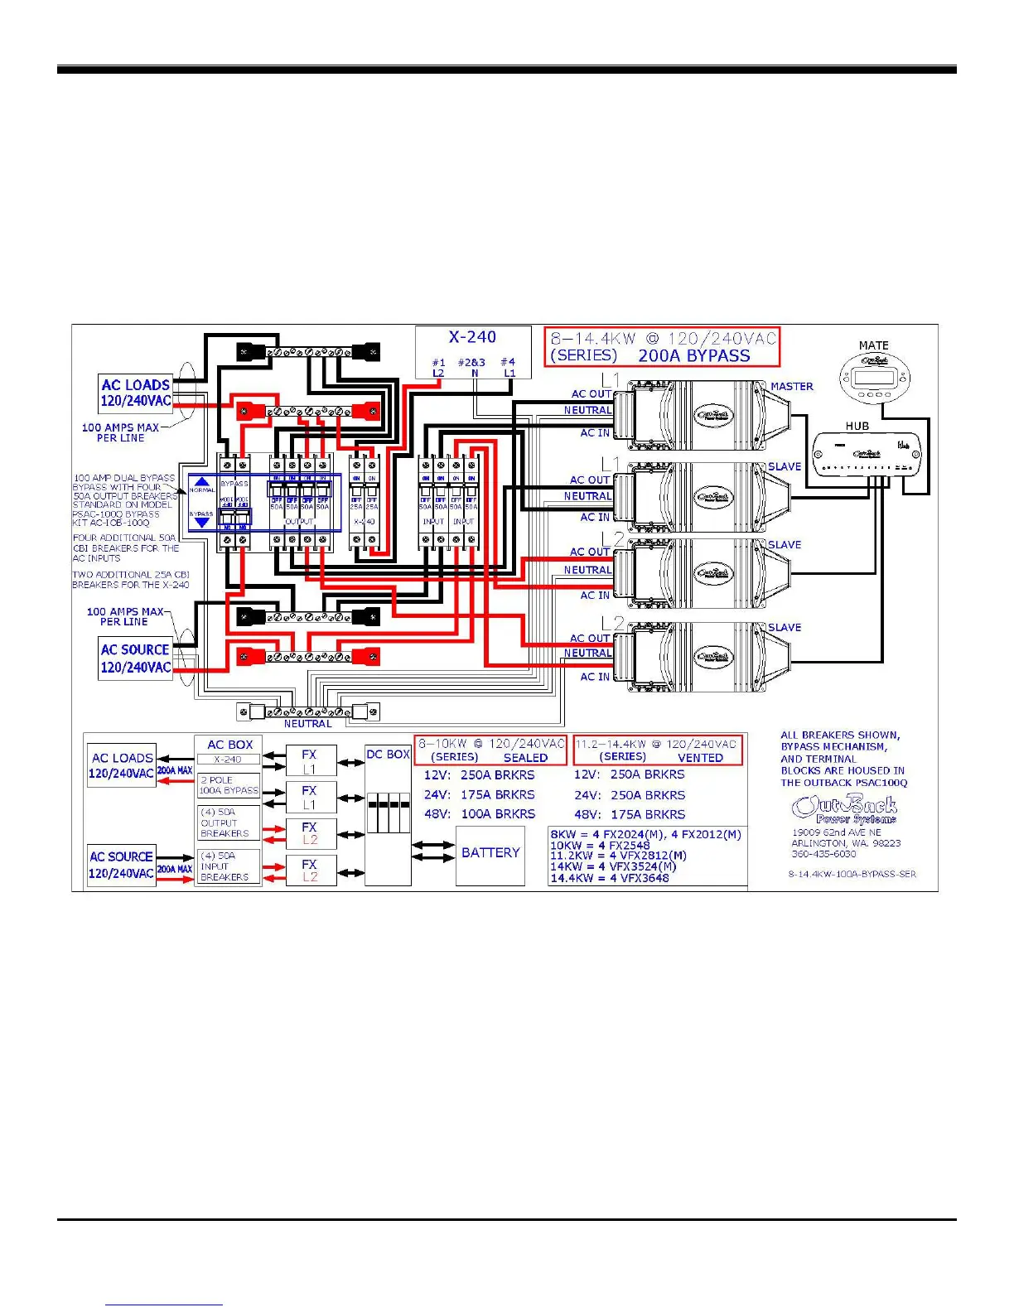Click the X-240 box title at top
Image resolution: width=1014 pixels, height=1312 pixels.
[472, 337]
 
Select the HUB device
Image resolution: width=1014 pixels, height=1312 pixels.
[865, 454]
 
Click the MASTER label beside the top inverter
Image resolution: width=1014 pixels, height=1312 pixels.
[791, 386]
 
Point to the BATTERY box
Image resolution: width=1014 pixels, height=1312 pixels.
[490, 853]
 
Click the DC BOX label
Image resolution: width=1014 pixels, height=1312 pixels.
[388, 755]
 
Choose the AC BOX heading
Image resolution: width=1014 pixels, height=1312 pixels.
[229, 745]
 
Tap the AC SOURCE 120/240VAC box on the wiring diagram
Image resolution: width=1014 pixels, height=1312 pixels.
[135, 658]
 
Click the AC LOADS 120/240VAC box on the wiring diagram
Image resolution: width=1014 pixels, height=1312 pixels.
[136, 393]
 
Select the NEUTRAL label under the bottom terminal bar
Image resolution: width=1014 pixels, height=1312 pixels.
[307, 724]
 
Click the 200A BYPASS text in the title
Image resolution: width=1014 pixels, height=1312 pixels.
[693, 356]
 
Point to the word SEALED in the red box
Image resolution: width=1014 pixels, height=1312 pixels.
[525, 758]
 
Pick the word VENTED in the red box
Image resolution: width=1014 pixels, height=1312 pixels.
[700, 758]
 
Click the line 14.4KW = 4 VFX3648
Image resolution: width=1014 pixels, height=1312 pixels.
[609, 878]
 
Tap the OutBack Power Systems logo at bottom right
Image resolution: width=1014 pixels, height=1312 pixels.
[844, 809]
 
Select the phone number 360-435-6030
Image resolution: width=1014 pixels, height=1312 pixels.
[823, 854]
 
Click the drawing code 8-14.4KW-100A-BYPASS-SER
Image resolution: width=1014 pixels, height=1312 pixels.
[852, 874]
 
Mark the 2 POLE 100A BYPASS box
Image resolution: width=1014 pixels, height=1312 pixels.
[229, 785]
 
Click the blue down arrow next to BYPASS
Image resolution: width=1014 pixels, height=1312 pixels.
[202, 523]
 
